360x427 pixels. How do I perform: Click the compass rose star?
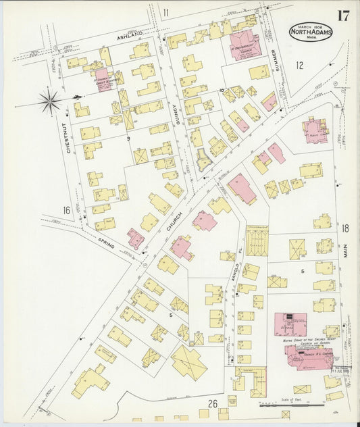coord(49,102)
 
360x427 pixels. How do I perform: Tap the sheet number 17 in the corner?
coord(343,16)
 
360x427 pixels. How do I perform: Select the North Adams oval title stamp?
coord(312,32)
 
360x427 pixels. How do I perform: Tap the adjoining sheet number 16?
coord(67,211)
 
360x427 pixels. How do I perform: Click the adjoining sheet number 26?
coord(212,404)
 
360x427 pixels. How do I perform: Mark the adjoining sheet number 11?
coord(165,12)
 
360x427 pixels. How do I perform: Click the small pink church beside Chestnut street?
coord(102,79)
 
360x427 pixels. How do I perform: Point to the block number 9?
coord(128,138)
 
